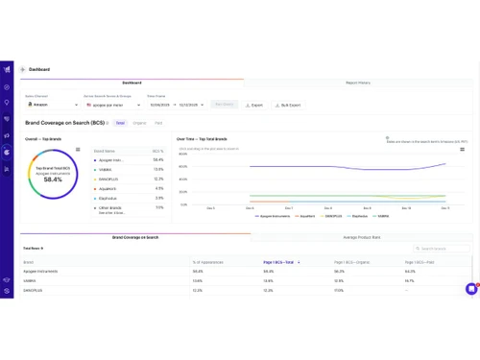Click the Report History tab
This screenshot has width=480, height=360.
click(358, 83)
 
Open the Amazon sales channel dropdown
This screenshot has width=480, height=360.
click(52, 105)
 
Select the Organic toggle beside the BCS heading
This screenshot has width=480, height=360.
click(139, 123)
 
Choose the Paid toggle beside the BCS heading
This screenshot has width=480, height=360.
click(158, 123)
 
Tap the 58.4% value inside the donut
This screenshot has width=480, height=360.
click(54, 180)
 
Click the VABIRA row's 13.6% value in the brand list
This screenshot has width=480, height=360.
click(158, 169)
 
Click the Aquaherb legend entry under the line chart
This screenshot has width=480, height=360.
click(305, 216)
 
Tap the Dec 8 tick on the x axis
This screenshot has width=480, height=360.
click(327, 207)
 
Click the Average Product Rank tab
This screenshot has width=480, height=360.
click(362, 236)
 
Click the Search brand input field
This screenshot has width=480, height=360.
click(444, 249)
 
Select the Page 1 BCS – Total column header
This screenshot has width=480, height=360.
click(279, 262)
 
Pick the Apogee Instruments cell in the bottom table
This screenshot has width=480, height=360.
click(42, 272)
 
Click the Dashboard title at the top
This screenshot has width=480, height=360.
click(39, 70)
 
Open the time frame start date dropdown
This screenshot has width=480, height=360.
click(159, 105)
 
